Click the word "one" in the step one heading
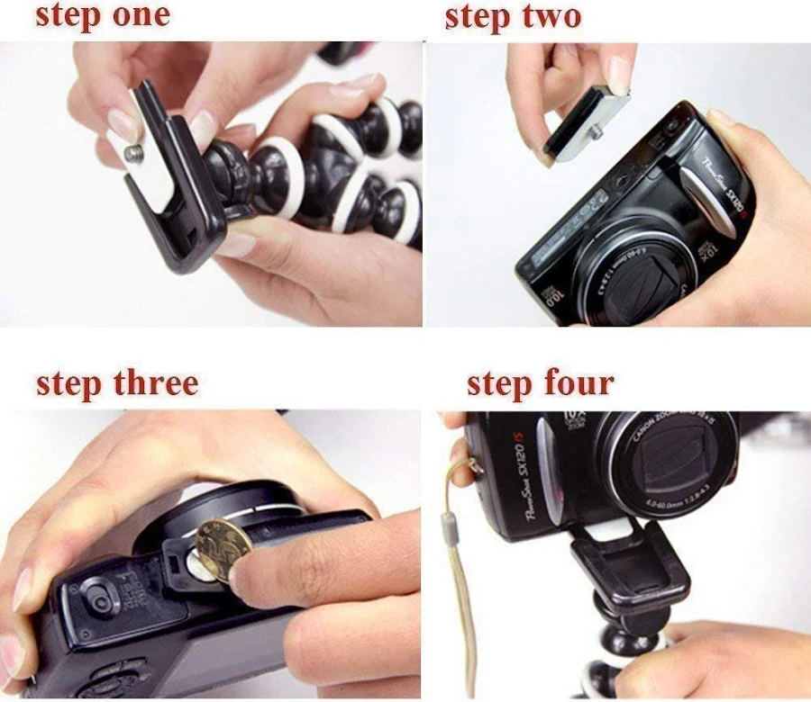(x=136, y=15)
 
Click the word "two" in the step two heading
(x=550, y=15)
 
